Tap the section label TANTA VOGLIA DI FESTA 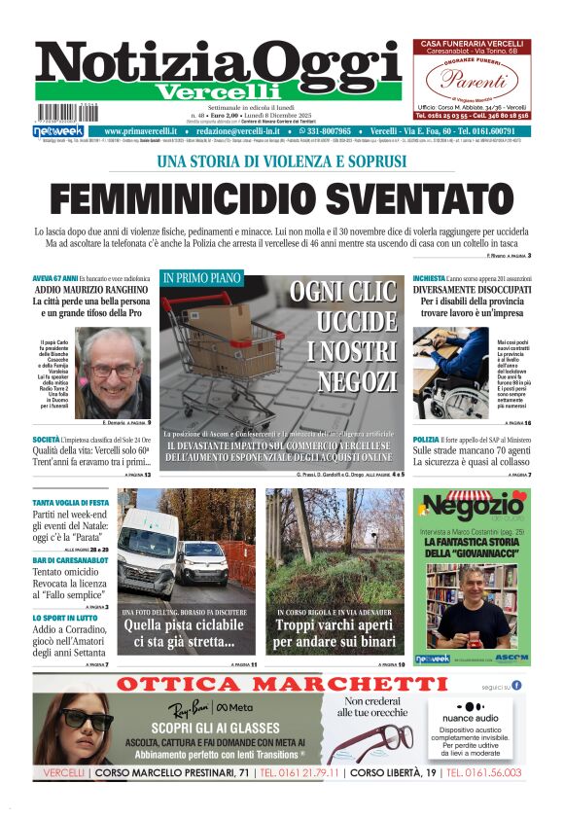71,503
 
